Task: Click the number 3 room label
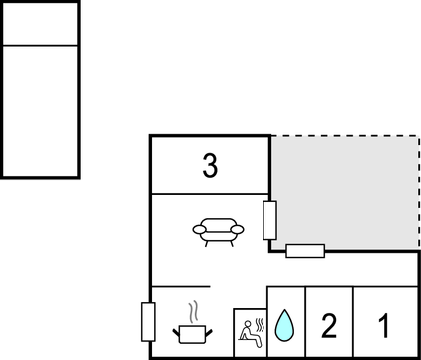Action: tap(209, 166)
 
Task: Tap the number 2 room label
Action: tap(328, 324)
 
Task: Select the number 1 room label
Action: tap(384, 324)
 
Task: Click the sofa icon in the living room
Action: tap(218, 231)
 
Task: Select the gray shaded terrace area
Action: tap(345, 190)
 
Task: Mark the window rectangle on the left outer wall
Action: tap(149, 322)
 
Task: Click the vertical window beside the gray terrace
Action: tap(269, 219)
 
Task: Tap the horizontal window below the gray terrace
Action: tap(305, 250)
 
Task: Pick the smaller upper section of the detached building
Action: tap(41, 23)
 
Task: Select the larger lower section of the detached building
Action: tap(41, 110)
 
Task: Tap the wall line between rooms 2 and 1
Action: tap(354, 322)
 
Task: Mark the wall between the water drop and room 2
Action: tap(305, 322)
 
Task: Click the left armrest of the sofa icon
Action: tap(197, 230)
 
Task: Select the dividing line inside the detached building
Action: tap(41, 45)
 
